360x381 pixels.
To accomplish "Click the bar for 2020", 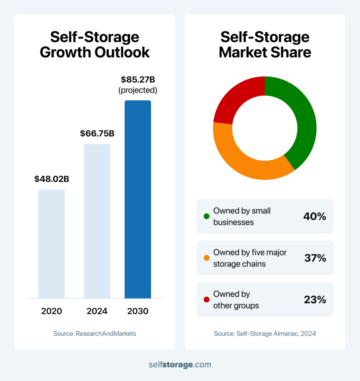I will [x=51, y=244].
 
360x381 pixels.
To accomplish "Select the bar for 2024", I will [x=97, y=221].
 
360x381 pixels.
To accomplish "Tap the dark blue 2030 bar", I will [x=138, y=199].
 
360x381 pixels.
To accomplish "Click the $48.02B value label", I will [x=52, y=179].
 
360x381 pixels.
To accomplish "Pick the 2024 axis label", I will [x=97, y=311].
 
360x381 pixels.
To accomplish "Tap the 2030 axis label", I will [x=138, y=311].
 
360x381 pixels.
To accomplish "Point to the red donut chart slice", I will [x=238, y=97].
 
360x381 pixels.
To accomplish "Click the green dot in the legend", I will [x=207, y=217].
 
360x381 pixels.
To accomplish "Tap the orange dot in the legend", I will [x=207, y=258].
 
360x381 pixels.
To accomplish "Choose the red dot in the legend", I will [x=207, y=300].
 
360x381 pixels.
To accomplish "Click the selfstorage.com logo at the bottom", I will [x=180, y=364].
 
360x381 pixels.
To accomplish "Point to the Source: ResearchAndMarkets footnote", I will [x=95, y=334].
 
